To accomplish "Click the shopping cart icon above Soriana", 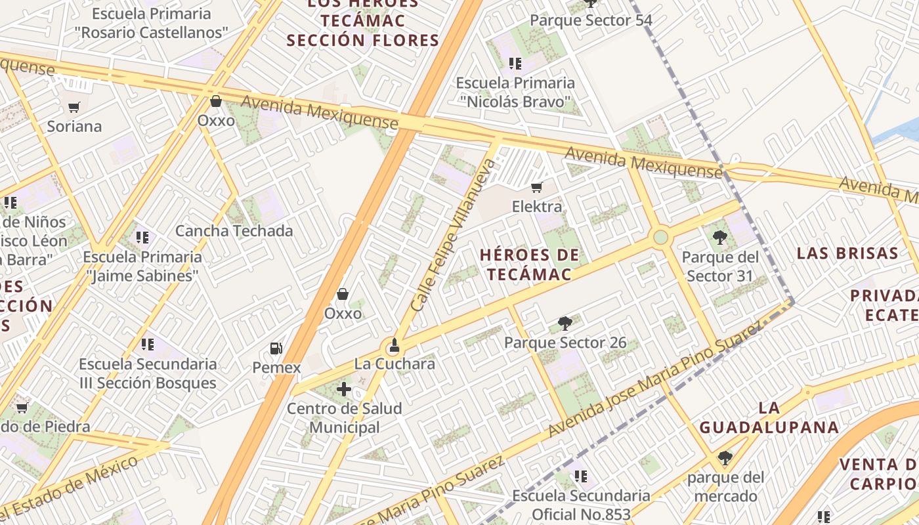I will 74,107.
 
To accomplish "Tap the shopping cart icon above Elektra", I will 536,188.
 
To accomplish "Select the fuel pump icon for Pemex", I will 276,348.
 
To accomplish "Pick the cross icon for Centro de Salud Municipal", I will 344,389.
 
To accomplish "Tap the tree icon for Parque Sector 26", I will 565,324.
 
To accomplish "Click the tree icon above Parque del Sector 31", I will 719,238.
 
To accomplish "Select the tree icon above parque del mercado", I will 725,458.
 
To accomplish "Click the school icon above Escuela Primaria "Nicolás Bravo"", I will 515,64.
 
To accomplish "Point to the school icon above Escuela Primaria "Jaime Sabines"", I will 142,237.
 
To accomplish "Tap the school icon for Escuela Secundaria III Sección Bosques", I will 148,345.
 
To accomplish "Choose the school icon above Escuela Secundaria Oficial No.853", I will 581,476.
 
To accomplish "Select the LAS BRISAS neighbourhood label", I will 847,253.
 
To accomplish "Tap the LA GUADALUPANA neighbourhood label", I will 769,418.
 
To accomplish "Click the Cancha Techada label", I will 234,231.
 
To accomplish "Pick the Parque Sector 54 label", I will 591,20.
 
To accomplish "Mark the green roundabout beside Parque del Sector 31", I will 660,237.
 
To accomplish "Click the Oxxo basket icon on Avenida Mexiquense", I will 215,101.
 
